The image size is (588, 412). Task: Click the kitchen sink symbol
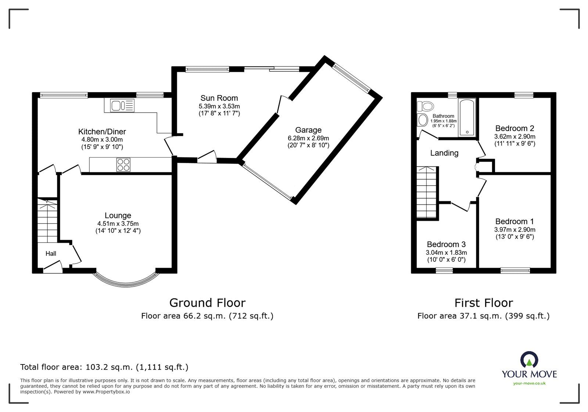coord(122,106)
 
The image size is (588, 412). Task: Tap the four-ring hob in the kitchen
coord(123,165)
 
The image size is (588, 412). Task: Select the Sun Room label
coord(219,98)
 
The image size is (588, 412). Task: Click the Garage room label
coord(308,130)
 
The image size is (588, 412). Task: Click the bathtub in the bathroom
coord(467,117)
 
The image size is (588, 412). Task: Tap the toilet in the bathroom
coord(425,106)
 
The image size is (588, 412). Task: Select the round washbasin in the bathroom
coord(423,120)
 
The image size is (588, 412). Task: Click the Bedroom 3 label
coord(446,244)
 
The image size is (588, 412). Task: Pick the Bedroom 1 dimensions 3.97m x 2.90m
coord(515,229)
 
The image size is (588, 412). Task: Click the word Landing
coord(444,153)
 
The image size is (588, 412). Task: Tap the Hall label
coord(51,253)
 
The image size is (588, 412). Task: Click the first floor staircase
coord(427,192)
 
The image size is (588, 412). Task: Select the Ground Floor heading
coord(207,303)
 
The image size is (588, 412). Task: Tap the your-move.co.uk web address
coord(529,383)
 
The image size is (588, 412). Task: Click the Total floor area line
coord(104,367)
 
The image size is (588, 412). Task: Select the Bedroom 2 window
coord(524,95)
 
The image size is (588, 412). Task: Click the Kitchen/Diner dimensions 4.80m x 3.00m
coord(102,140)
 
